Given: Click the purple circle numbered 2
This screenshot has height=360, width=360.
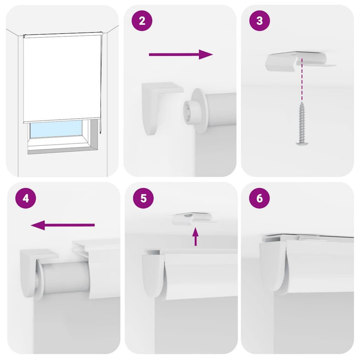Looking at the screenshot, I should tap(142, 21).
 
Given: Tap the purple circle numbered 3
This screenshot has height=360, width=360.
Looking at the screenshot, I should tap(259, 21).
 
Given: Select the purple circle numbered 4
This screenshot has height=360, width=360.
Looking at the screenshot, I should tap(26, 198).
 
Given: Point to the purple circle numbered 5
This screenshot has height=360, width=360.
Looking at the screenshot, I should tap(143, 198).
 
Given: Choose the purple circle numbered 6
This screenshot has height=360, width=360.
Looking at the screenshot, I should tap(259, 198).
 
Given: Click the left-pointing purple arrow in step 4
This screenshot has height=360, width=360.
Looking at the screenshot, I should tap(63, 225).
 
